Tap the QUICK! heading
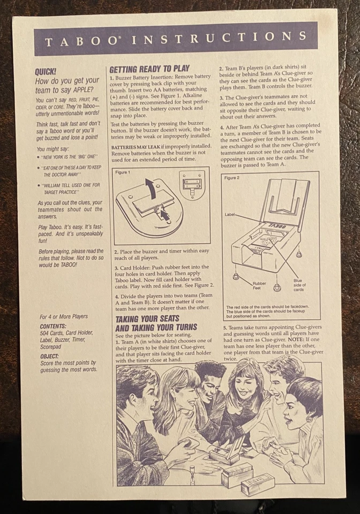pyautogui.click(x=46, y=71)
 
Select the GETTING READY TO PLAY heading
pyautogui.click(x=149, y=69)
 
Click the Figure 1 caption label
pyautogui.click(x=123, y=172)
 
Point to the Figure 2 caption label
pyautogui.click(x=232, y=177)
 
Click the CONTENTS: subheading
pyautogui.click(x=53, y=326)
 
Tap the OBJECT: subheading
pyautogui.click(x=49, y=356)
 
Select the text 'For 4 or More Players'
pyautogui.click(x=64, y=316)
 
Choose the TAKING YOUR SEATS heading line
pyautogui.click(x=149, y=319)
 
